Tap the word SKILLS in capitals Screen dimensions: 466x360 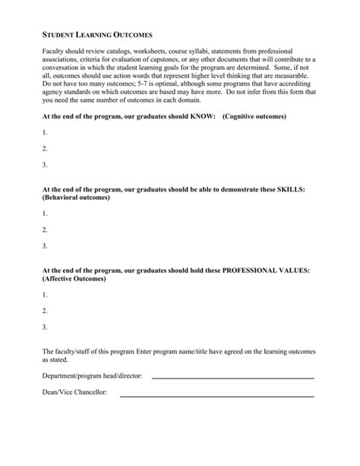[289, 189]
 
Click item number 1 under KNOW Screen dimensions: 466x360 [46, 132]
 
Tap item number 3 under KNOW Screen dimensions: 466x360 [46, 164]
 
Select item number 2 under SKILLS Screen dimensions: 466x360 [46, 230]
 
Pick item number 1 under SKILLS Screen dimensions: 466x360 [46, 214]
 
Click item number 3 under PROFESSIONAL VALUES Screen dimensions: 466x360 [46, 327]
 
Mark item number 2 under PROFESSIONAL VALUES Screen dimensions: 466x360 [46, 311]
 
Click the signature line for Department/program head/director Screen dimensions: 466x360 [232, 377]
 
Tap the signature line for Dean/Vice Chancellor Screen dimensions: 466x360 [232, 395]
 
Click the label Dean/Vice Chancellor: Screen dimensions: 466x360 [74, 392]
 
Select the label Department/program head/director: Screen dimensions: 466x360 [93, 376]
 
